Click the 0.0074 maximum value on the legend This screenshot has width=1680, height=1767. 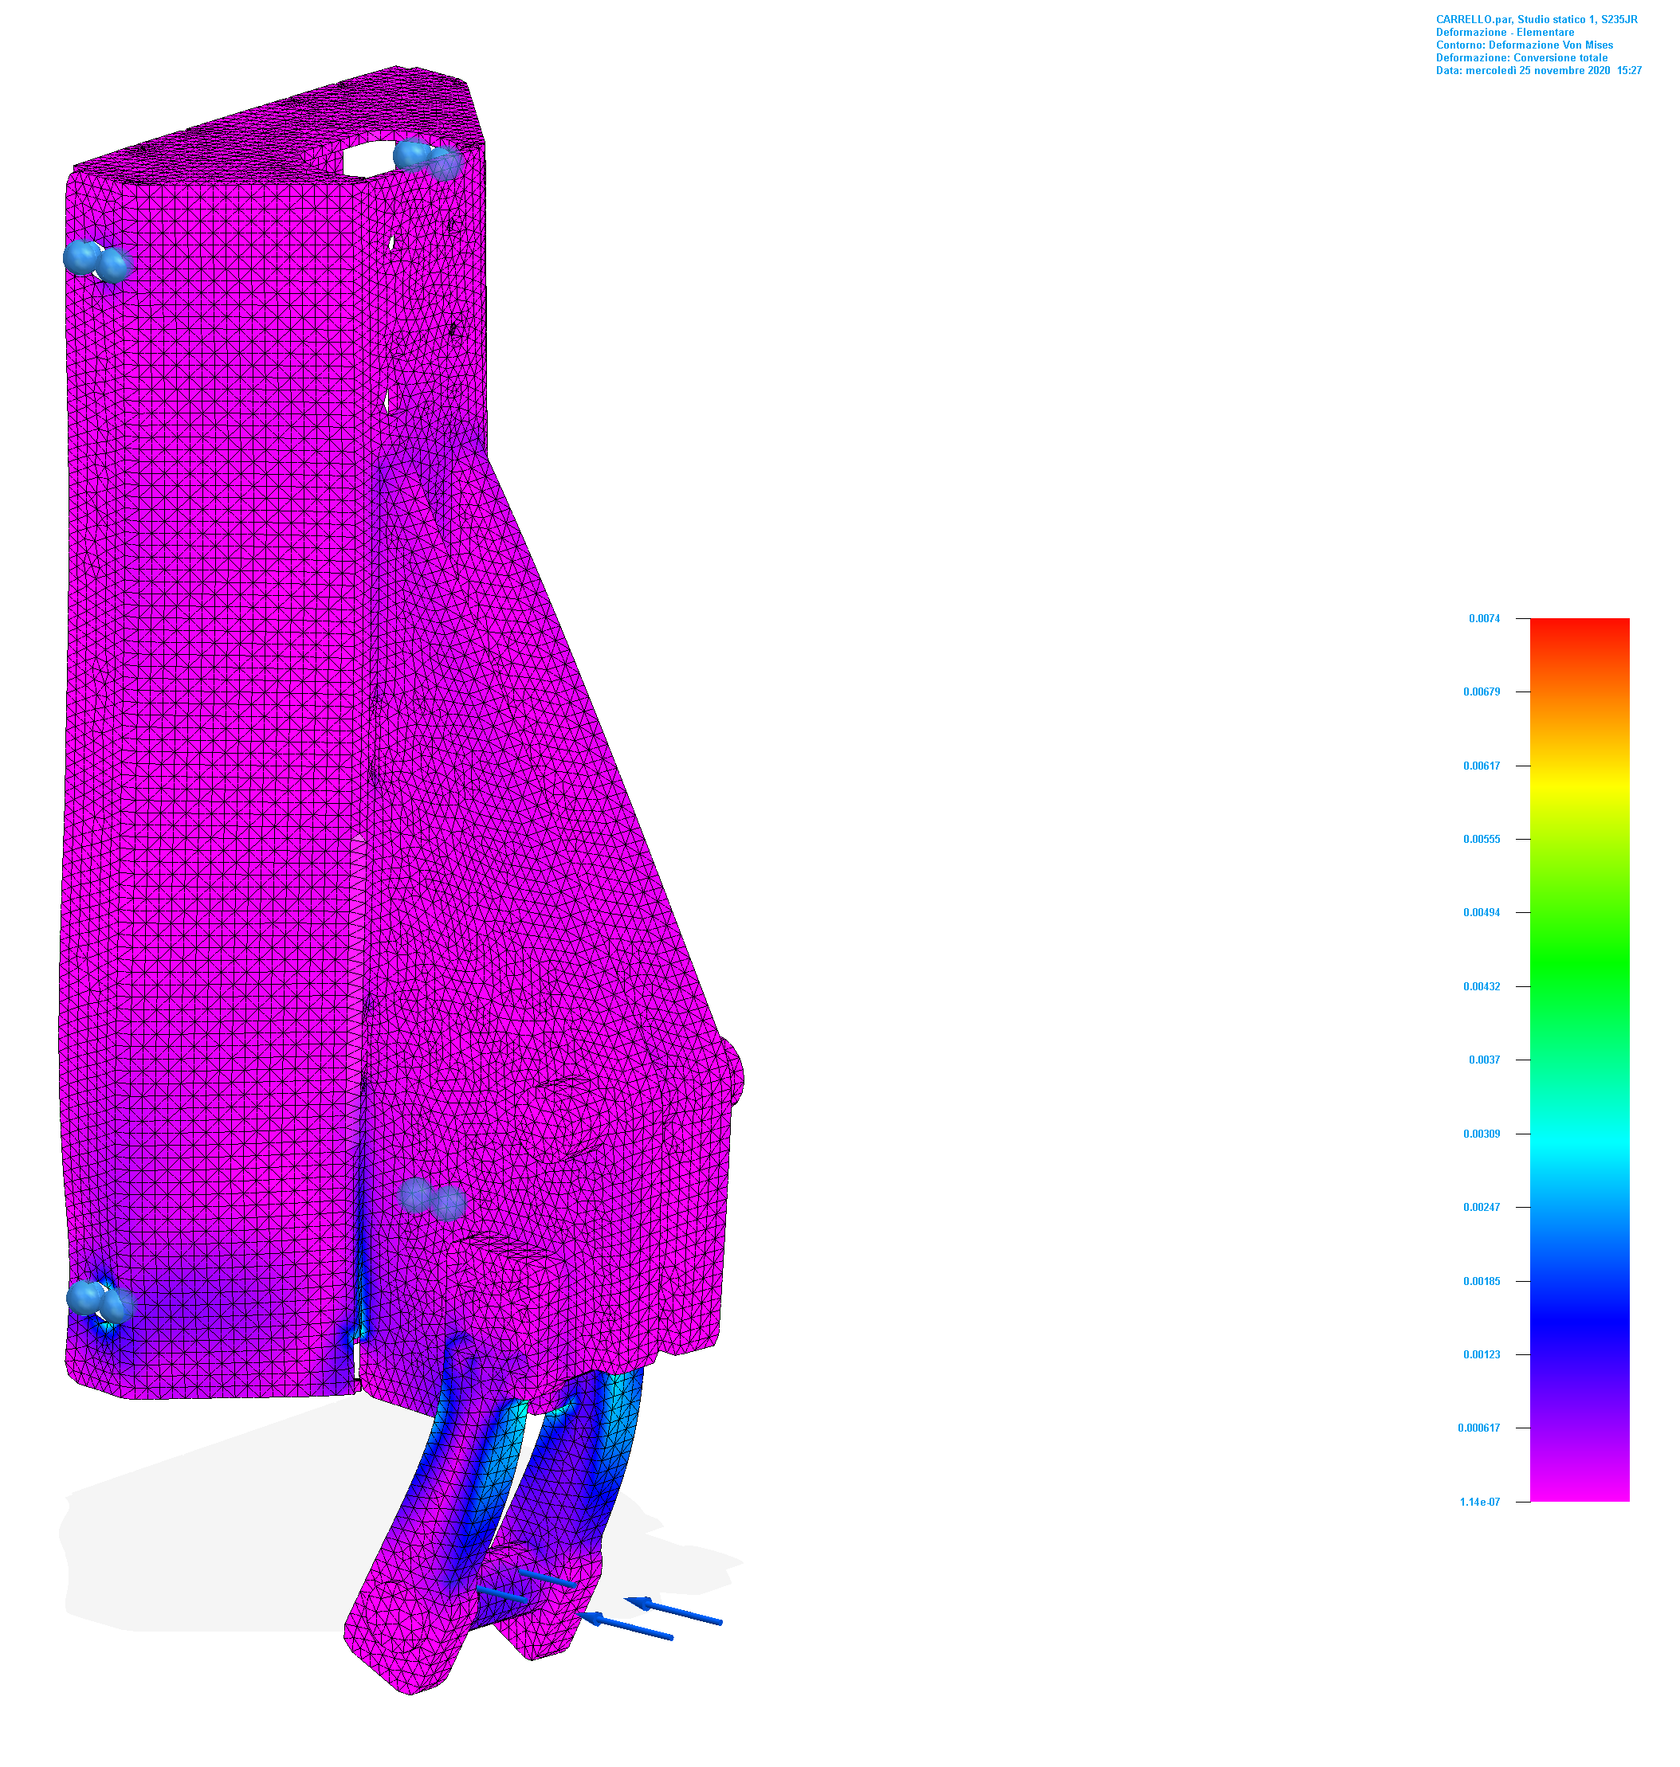coord(1484,618)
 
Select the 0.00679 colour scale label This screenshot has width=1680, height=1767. coord(1482,692)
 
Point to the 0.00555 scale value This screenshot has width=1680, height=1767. coord(1482,840)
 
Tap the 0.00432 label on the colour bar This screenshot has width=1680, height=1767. coord(1482,986)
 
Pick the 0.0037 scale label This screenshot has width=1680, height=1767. coord(1484,1060)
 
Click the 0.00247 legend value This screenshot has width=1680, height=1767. coord(1482,1208)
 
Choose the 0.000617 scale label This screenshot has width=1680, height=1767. coord(1478,1428)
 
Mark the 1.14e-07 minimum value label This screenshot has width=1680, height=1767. coord(1479,1502)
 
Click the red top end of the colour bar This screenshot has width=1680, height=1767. coord(1580,624)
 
